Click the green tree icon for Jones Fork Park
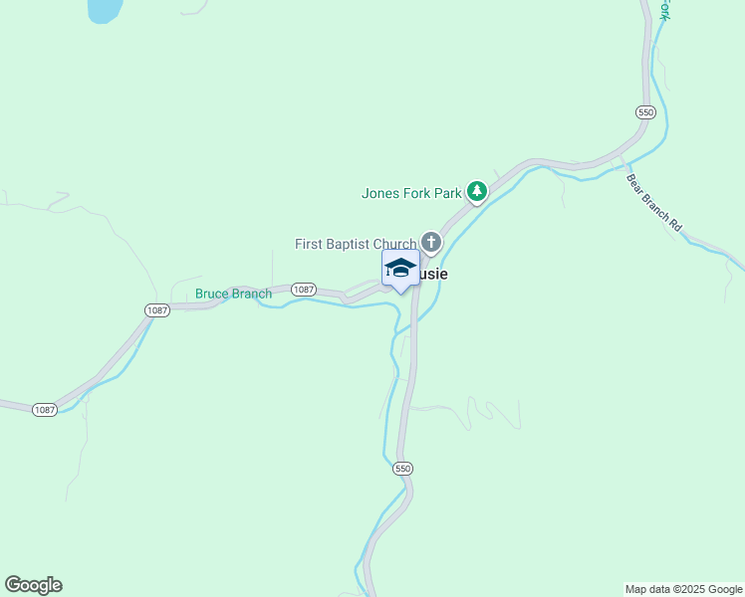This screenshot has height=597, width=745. [x=477, y=191]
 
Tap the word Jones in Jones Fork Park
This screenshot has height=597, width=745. [x=380, y=193]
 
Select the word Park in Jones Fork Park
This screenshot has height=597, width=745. [x=446, y=193]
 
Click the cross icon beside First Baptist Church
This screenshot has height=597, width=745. [x=431, y=242]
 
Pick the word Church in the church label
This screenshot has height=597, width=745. [x=396, y=244]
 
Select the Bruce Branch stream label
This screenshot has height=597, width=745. [x=233, y=294]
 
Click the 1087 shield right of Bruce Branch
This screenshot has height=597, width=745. [x=305, y=290]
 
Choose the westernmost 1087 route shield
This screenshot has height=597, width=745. [x=44, y=409]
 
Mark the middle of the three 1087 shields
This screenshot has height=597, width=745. [x=157, y=310]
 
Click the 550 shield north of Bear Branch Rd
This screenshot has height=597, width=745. [x=646, y=112]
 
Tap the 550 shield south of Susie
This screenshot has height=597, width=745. [x=402, y=468]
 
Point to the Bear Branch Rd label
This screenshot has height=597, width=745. [x=653, y=203]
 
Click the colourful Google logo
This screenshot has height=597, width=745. [x=33, y=585]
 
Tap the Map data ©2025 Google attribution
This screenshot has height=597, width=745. [x=683, y=589]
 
